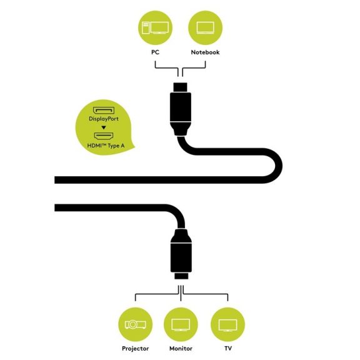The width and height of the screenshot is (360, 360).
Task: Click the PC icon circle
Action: [155, 27]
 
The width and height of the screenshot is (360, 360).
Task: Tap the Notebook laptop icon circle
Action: [205, 27]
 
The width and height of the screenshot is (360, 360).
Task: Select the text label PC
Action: [155, 52]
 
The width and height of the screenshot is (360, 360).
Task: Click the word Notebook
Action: [205, 52]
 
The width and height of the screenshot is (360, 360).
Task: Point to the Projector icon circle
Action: [135, 324]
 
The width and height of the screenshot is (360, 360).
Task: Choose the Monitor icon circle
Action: [181, 324]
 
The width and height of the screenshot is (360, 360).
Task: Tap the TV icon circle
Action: [227, 324]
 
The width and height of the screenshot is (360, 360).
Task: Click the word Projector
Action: [135, 349]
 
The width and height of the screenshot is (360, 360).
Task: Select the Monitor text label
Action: [181, 349]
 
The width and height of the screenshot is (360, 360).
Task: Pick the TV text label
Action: [228, 349]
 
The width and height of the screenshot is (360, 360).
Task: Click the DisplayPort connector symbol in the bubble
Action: [104, 111]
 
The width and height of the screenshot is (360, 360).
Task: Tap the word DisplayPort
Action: [104, 119]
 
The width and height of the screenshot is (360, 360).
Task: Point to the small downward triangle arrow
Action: [104, 127]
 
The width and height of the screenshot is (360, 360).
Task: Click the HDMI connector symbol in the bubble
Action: [104, 136]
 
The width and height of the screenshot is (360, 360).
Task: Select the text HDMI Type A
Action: [106, 146]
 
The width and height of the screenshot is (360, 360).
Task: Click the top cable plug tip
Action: [180, 87]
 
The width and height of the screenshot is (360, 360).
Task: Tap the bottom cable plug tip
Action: [181, 276]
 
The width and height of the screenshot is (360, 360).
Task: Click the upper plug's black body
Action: [181, 107]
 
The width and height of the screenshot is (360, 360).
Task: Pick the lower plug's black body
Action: [181, 257]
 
